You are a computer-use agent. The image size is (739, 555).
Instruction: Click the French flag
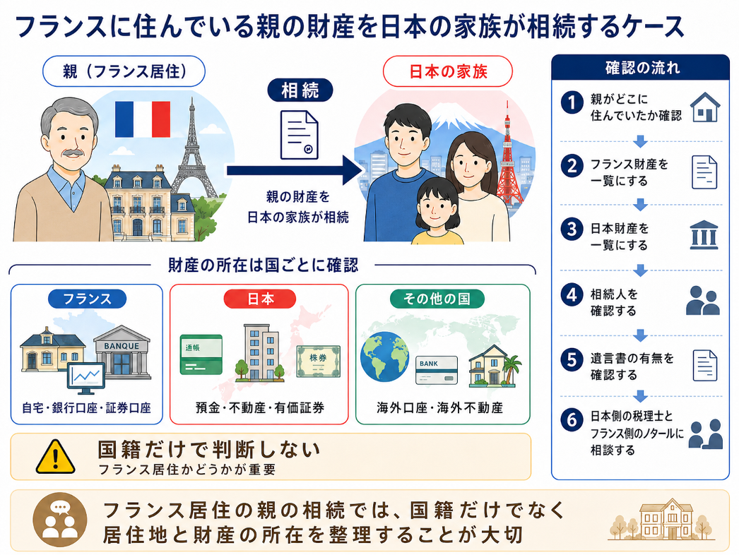[x=142, y=119]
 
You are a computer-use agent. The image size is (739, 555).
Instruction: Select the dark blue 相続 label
[x=300, y=90]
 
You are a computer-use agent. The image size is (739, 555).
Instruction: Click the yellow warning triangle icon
[x=56, y=457]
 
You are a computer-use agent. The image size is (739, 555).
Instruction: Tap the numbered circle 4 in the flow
[x=572, y=295]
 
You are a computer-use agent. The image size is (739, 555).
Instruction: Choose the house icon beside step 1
[x=705, y=107]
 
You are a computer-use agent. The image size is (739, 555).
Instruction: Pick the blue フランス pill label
[x=87, y=299]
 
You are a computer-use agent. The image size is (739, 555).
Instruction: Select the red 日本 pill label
[x=260, y=299]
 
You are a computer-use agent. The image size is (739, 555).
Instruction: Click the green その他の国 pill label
[x=437, y=299]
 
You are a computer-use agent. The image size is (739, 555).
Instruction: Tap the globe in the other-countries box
[x=384, y=357]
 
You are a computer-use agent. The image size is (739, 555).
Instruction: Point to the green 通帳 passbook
[x=201, y=354]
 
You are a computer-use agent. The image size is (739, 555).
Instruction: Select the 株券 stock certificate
[x=318, y=362]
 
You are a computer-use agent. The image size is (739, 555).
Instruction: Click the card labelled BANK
[x=437, y=370]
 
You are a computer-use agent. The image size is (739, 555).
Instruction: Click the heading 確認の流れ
[x=642, y=68]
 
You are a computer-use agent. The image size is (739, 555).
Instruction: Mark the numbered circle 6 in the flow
[x=572, y=419]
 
